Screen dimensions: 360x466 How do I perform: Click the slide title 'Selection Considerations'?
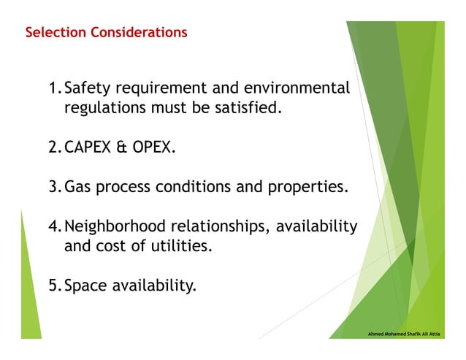point(106,33)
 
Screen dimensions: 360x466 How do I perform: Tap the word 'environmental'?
point(300,89)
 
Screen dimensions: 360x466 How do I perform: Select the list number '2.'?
point(55,148)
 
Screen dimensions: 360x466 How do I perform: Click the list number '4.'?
point(55,226)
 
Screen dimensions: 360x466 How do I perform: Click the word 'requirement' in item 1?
point(161,90)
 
